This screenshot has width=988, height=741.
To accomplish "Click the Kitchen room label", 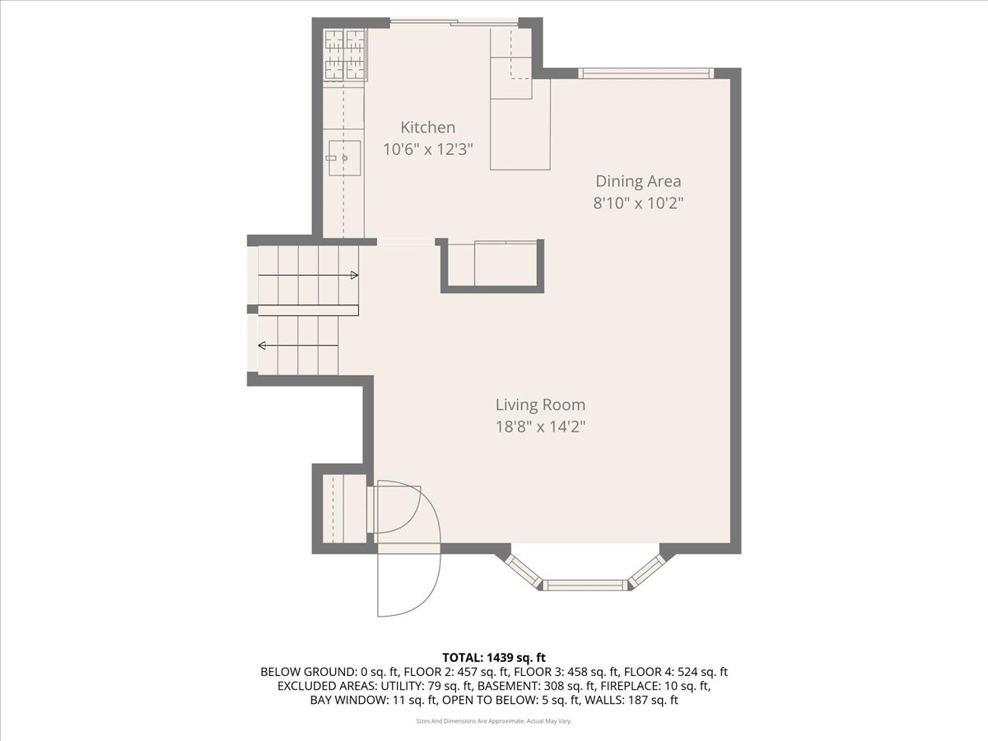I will pos(427,128).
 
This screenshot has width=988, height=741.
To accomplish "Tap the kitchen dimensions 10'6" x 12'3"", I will pos(427,149).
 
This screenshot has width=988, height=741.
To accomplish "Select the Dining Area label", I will pos(638,181).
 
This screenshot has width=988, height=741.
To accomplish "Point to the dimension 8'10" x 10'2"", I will pos(639,203).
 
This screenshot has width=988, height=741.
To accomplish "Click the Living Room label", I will pos(540,405).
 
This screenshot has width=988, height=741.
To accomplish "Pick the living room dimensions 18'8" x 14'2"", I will pos(540,426).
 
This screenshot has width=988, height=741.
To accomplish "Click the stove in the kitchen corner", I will pos(344,54).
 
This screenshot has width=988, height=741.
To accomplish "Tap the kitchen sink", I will pos(344,156).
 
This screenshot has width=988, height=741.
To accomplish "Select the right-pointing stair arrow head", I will pos(354,275).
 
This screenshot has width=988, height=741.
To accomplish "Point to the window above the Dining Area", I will pos(645,73).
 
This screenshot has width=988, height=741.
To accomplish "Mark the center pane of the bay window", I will pos(586,585).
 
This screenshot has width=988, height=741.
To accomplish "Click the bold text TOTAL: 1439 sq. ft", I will pos(494,657).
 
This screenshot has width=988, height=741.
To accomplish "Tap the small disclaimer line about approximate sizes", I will pos(494,721).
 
